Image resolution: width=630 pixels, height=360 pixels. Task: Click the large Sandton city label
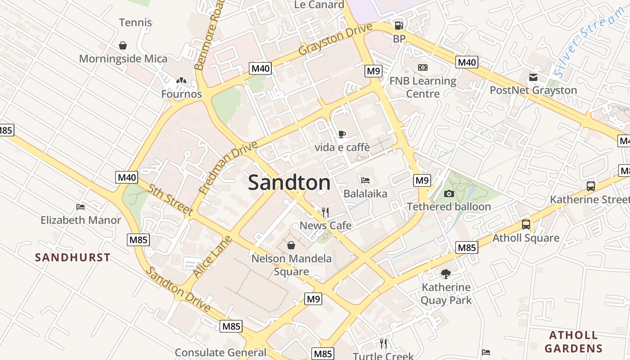[289, 183]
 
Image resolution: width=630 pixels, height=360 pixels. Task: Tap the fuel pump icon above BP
[399, 26]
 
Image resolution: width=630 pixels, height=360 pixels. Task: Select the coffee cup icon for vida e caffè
[342, 134]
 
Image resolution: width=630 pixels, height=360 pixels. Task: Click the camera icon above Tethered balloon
[449, 193]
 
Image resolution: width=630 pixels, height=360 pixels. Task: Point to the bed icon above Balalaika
[365, 180]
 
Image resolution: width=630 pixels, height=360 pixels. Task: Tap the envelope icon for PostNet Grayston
[533, 77]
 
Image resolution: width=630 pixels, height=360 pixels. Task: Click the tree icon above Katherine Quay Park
[445, 274]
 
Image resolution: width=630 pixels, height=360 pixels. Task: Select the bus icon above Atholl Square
[526, 225]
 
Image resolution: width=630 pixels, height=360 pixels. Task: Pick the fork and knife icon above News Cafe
[325, 212]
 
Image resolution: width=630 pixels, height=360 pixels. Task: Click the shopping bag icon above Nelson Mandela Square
[291, 245]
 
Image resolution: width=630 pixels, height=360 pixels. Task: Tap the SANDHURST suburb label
[73, 257]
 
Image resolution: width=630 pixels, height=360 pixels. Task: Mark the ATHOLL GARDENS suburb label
[573, 342]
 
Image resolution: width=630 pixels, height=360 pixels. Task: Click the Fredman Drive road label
[228, 167]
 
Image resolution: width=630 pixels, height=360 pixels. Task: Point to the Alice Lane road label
[212, 256]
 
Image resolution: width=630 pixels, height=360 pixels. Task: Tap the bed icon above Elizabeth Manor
[81, 207]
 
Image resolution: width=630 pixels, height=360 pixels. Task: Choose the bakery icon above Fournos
[181, 81]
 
